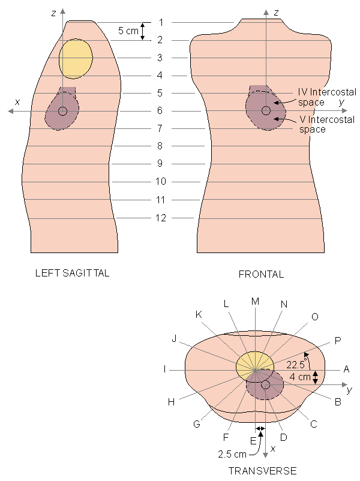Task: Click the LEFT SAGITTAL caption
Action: click(73, 273)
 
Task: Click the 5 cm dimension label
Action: click(127, 31)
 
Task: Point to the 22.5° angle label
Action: click(296, 365)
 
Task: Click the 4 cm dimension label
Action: click(301, 377)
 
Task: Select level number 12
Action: click(161, 218)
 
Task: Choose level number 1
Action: click(161, 22)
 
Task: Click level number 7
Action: click(161, 128)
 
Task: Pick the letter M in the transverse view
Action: click(255, 300)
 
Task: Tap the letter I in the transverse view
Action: click(164, 369)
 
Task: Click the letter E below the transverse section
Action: click(253, 441)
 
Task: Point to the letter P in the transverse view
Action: click(338, 341)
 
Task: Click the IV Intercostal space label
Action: click(327, 97)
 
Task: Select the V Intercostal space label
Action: click(327, 124)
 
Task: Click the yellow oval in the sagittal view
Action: click(76, 58)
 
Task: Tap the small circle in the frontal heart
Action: click(266, 110)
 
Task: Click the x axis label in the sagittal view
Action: click(17, 101)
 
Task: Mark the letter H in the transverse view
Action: click(171, 402)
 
